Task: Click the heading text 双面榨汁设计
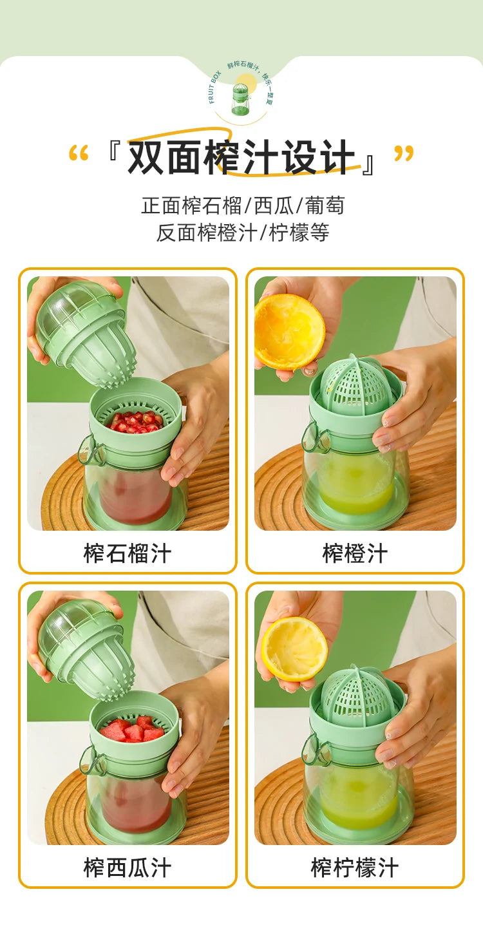(x=241, y=158)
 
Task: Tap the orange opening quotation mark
(x=78, y=155)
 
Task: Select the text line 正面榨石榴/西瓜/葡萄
(x=242, y=205)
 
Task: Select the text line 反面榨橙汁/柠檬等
(x=242, y=233)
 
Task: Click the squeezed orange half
(x=289, y=332)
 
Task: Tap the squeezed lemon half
(x=294, y=648)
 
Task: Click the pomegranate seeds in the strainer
(x=136, y=422)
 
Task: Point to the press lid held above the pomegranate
(x=84, y=332)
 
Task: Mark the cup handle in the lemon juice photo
(x=316, y=751)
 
